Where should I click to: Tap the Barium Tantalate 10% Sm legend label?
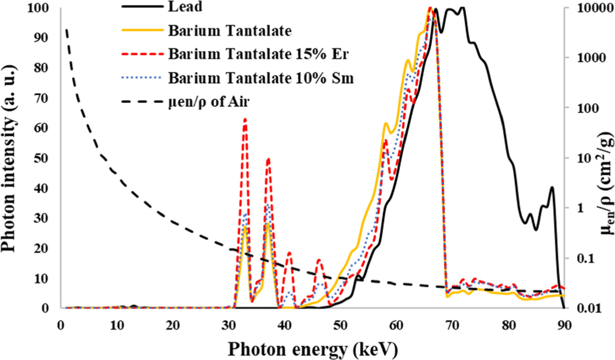tap(261, 78)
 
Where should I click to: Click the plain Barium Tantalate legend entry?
tap(230, 31)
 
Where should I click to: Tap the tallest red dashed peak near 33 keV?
tap(245, 119)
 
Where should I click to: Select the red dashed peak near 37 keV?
tap(268, 158)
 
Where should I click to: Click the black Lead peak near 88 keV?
tap(551, 187)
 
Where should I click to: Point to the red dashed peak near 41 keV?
tap(289, 252)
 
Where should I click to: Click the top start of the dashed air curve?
tap(66, 29)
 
